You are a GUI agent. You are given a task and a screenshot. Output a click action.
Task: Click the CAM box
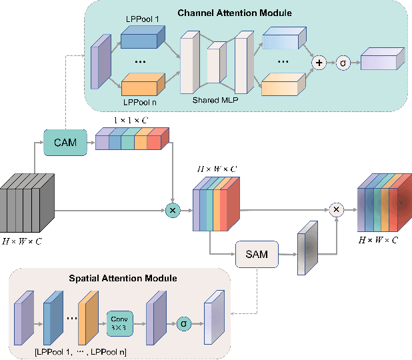tap(65, 142)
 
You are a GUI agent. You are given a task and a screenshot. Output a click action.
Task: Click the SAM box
tap(257, 254)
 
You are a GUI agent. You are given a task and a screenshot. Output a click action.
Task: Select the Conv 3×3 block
tap(119, 323)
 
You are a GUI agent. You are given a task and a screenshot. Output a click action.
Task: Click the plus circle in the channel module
tap(319, 62)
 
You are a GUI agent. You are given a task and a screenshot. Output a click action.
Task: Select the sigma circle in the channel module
tap(342, 62)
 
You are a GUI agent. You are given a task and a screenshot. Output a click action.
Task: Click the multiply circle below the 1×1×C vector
tap(173, 211)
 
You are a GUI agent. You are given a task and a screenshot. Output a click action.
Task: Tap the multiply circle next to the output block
tap(337, 210)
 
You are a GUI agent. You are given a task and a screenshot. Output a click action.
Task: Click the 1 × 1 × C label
tap(131, 120)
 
